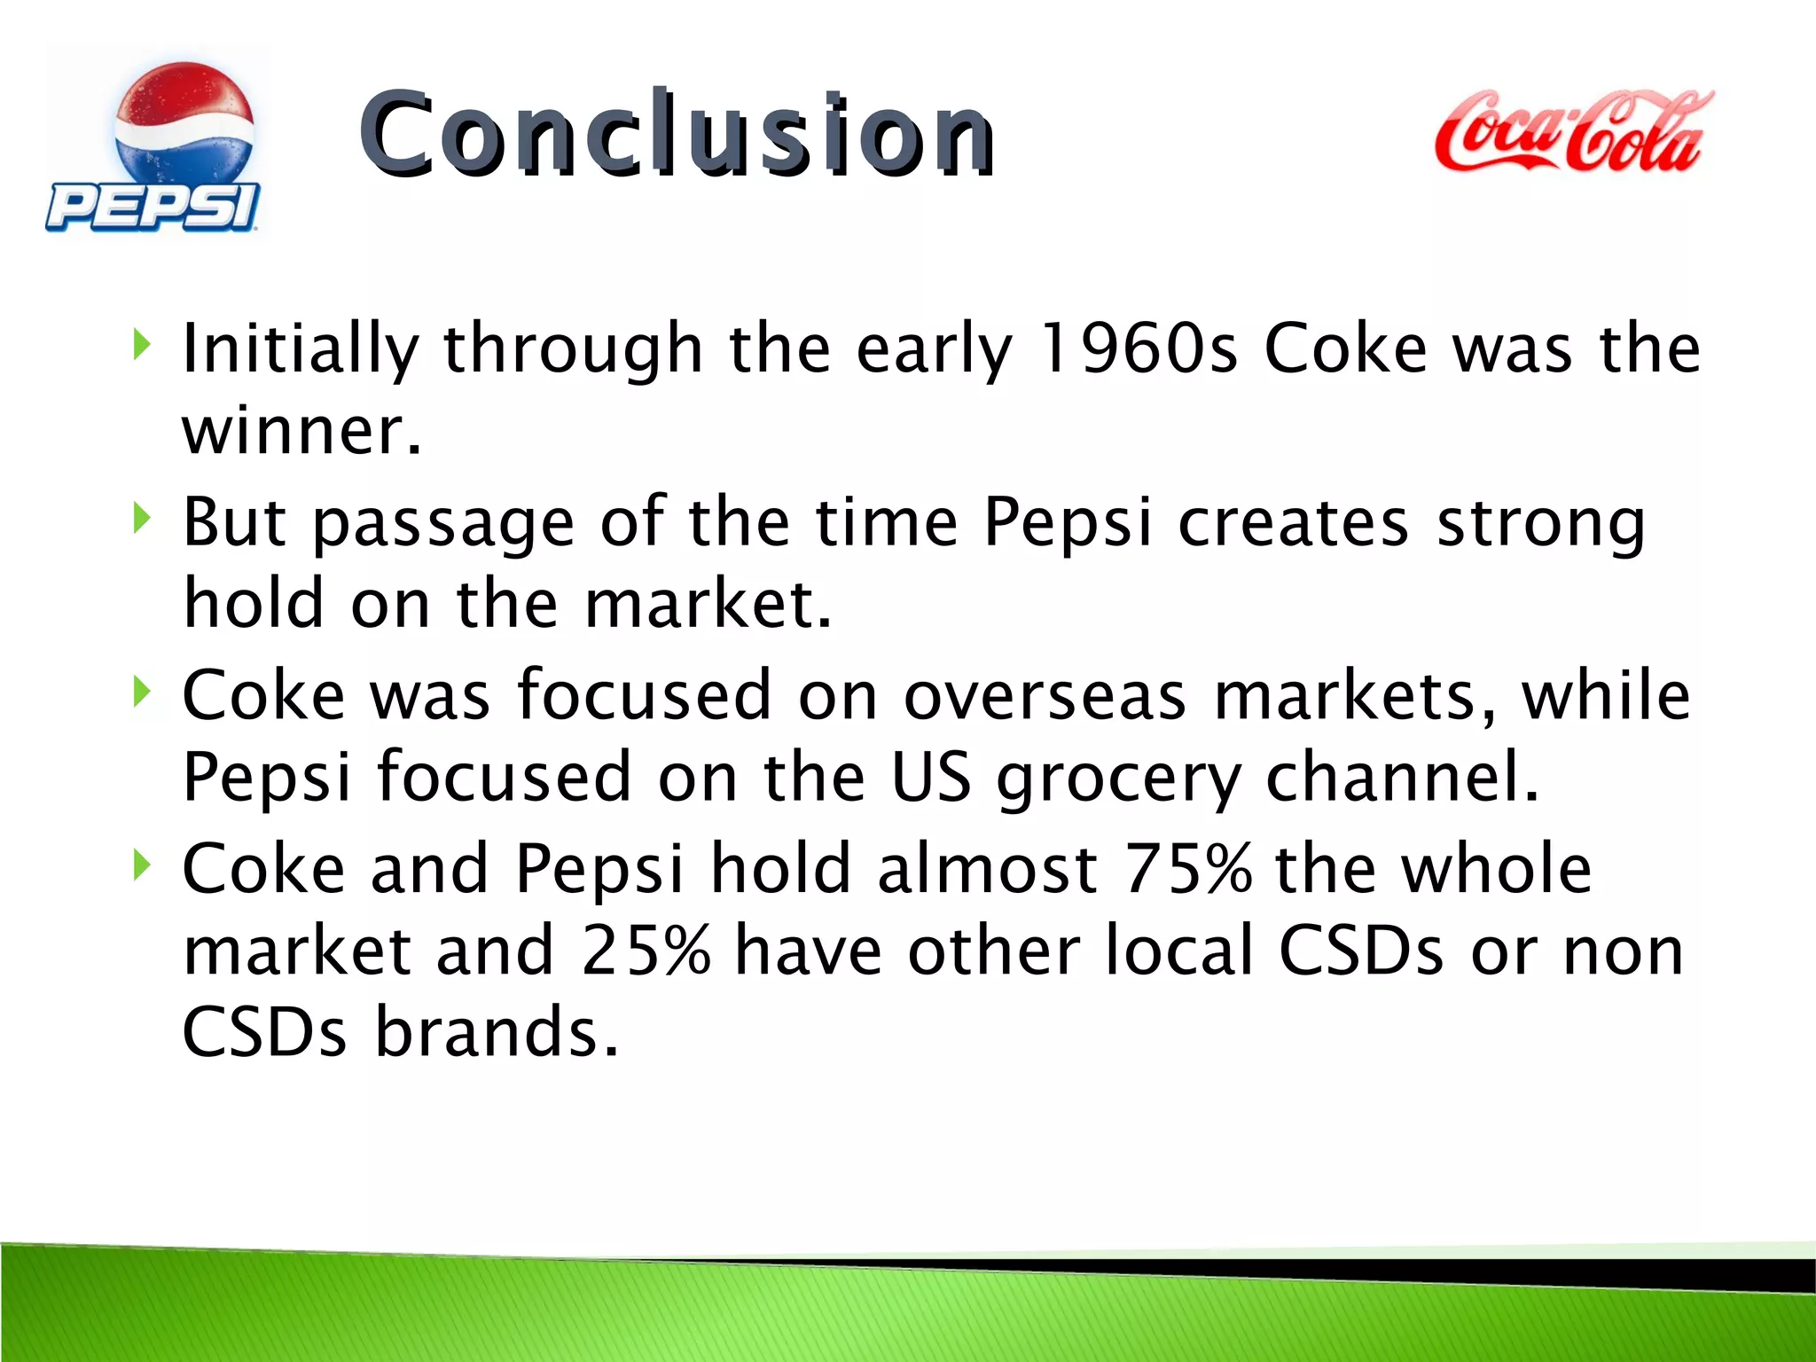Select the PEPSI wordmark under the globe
point(153,207)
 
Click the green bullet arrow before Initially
point(140,344)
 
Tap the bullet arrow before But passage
point(140,518)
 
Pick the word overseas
point(1044,695)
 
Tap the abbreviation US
point(930,777)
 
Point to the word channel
point(1401,777)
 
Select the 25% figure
point(646,951)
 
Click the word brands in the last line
point(496,1032)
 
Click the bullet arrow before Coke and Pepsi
point(140,865)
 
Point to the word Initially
point(300,348)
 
